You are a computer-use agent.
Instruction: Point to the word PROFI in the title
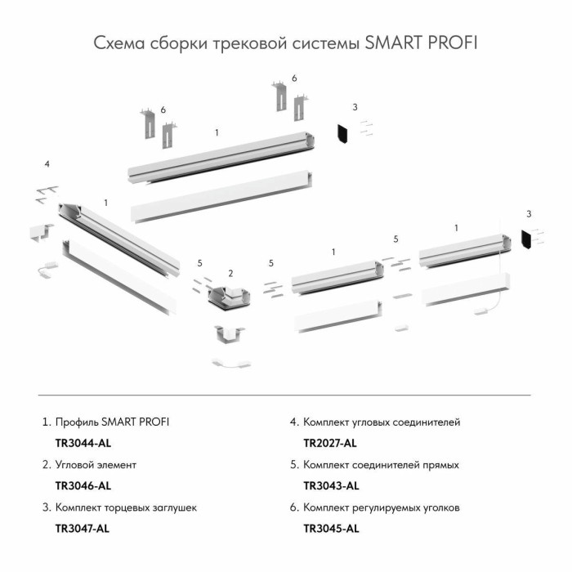point(452,42)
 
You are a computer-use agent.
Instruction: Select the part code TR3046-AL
point(82,486)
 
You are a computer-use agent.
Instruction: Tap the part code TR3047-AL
point(82,529)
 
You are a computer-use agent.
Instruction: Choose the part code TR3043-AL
point(330,486)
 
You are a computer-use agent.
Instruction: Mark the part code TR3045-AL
point(330,529)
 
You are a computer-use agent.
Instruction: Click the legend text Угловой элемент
point(95,465)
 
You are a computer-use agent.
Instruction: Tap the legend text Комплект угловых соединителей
point(381,422)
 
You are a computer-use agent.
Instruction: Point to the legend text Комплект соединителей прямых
point(380,465)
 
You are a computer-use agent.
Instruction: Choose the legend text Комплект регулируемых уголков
point(381,507)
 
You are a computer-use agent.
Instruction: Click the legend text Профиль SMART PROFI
point(112,422)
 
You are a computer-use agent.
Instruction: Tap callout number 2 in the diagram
point(231,273)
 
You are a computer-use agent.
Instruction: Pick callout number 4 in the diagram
point(47,164)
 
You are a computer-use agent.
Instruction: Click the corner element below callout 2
point(230,299)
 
